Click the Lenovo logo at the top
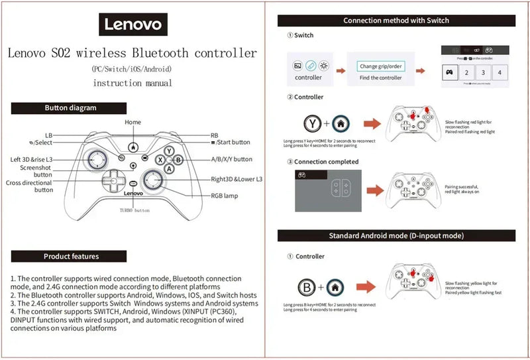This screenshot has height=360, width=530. point(133,25)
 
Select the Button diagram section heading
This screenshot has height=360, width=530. point(70,107)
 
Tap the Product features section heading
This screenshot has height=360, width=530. point(71,256)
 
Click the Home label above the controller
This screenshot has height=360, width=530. point(133,123)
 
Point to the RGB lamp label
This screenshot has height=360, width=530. point(226,196)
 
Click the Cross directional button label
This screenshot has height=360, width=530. point(30,186)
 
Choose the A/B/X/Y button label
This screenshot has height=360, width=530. point(231,159)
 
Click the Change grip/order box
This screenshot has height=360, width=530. point(380,66)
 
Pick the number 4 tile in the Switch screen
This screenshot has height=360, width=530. point(499,73)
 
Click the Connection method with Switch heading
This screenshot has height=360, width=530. point(396,21)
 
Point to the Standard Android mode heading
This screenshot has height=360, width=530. point(396,235)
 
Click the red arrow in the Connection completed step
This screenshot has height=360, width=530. point(374,190)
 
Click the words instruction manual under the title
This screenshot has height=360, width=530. point(132,83)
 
